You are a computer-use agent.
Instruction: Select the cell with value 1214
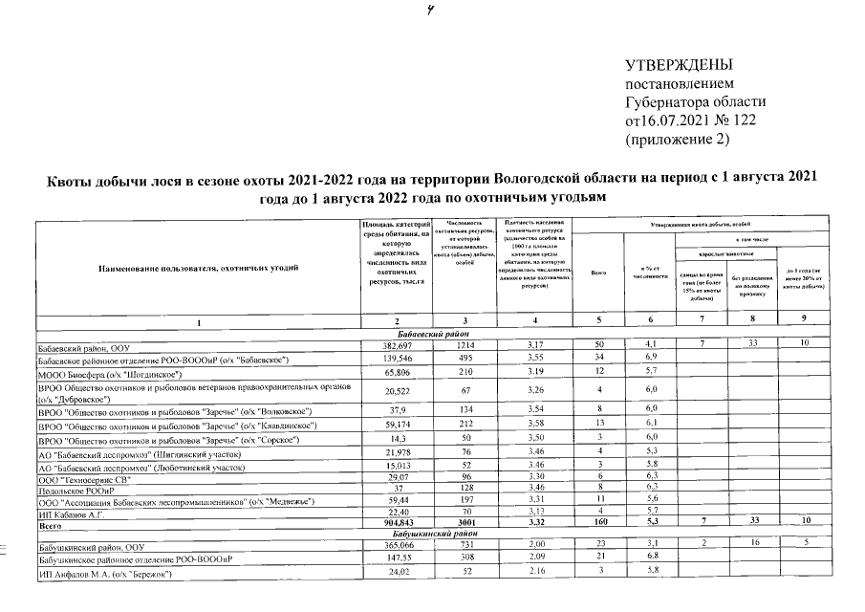[465, 344]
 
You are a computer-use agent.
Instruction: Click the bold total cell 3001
[465, 525]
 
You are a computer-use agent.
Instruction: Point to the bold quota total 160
[598, 525]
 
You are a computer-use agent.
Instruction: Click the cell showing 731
[465, 544]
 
